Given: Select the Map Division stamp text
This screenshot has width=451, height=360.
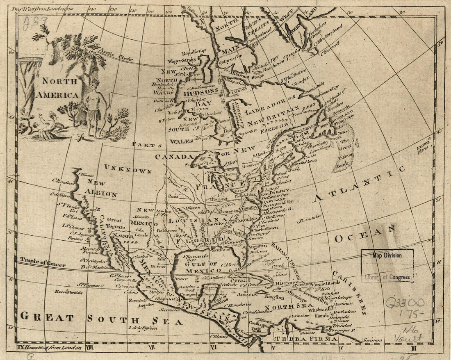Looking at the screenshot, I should tap(387, 255).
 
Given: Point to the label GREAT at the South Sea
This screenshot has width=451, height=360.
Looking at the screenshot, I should tap(47, 317).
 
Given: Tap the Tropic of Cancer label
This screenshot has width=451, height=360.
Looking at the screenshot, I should tap(42, 262).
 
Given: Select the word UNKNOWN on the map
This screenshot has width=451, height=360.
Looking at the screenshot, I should tap(128, 169).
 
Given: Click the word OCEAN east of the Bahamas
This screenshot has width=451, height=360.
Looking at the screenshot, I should tap(365, 234).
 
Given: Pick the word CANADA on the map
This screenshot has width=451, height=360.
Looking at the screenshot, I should tap(173, 157).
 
